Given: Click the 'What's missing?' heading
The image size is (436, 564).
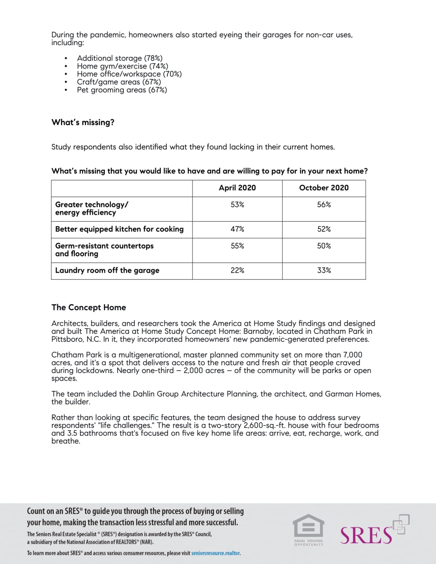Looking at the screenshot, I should point(83,123).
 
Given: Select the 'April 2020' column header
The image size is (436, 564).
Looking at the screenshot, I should point(237,188).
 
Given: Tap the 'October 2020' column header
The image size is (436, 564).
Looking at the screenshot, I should point(324,188).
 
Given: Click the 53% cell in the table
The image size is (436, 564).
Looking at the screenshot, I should point(237,205).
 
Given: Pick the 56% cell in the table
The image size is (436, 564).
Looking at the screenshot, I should point(324,205).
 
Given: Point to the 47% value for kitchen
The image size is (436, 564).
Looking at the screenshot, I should point(237,229).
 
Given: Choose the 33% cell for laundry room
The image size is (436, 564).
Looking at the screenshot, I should point(324,270).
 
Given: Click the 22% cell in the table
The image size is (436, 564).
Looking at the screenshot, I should point(237,270).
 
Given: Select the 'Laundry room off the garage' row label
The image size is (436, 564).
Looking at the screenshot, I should point(107,270).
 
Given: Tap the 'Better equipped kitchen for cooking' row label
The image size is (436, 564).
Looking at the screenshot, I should point(119,229).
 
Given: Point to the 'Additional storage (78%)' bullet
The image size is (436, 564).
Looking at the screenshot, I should point(120,58).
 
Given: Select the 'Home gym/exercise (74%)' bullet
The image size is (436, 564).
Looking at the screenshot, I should point(122,66).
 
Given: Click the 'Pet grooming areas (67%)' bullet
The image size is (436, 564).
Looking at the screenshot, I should point(122,90).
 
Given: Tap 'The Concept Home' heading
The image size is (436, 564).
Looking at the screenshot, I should point(89,308).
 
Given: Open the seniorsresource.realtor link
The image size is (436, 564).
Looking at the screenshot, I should point(216,553).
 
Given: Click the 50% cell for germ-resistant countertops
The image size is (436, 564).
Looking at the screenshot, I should point(324,246).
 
